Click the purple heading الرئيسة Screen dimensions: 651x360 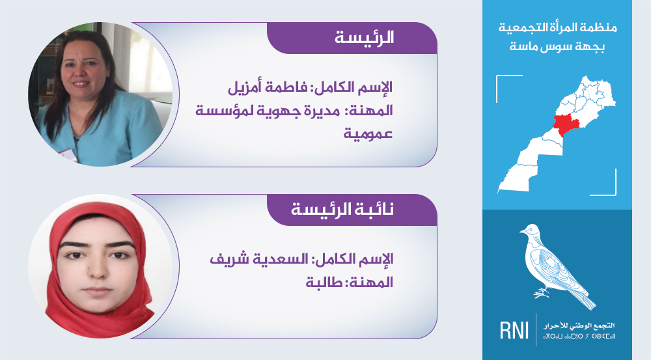pos(364,38)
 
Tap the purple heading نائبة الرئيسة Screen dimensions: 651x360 pos(342,209)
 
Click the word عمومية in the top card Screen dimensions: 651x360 pos(368,133)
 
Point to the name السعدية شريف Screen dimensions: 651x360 pos(259,259)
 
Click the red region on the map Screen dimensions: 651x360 pos(563,124)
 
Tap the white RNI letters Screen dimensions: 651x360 pos(514,331)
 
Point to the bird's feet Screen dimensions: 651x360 pos(542,293)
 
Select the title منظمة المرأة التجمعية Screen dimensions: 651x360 pos(558,28)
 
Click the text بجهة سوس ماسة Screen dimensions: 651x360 pos(557,46)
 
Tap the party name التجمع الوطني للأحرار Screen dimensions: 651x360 pos(579,325)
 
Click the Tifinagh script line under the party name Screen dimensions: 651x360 pos(579,335)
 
